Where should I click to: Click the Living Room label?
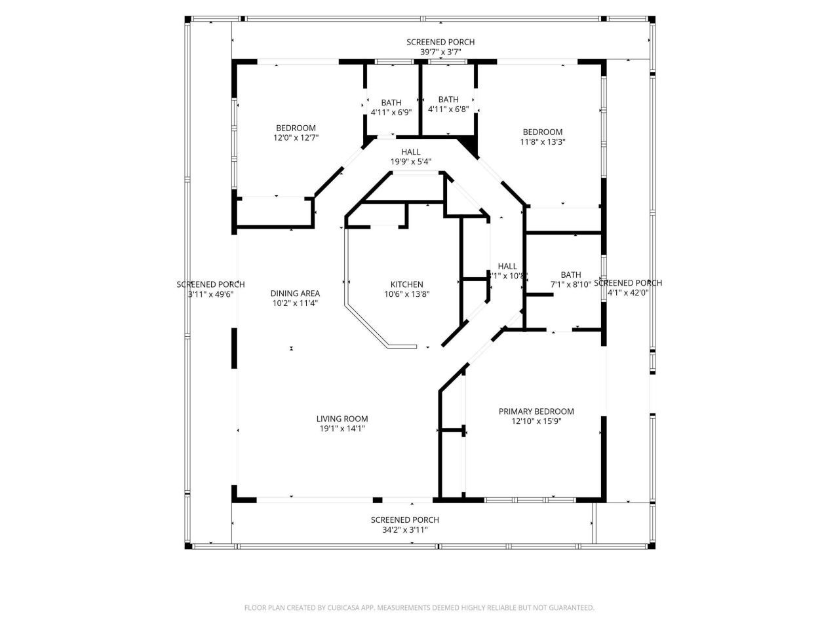[341, 419]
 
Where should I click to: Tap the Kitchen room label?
[406, 284]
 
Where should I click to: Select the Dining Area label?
[295, 294]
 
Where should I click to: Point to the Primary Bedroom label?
[536, 411]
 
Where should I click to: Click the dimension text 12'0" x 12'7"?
[296, 138]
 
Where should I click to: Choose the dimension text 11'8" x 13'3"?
[542, 142]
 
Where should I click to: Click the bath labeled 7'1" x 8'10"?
[570, 275]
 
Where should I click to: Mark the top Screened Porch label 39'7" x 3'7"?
[440, 42]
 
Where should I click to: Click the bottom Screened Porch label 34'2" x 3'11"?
[404, 520]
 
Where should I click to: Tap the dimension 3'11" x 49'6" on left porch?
[210, 294]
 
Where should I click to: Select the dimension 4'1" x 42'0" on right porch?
[627, 293]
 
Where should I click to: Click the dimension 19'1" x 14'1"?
[341, 429]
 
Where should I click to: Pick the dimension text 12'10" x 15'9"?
[536, 421]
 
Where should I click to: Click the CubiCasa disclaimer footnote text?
[419, 608]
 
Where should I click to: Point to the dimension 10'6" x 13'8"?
[406, 294]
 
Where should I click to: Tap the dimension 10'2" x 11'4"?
[295, 303]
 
